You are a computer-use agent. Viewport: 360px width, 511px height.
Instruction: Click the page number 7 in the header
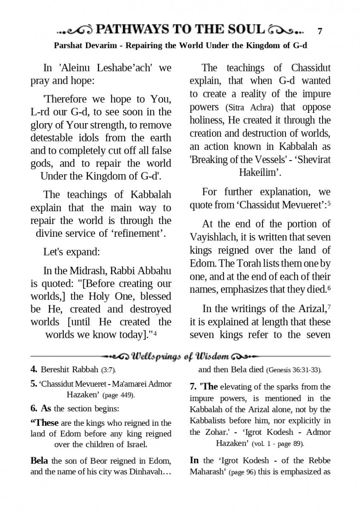pyautogui.click(x=320, y=31)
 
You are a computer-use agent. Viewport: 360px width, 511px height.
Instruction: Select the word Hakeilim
pyautogui.click(x=259, y=173)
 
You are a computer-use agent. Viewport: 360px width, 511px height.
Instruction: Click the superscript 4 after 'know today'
pyautogui.click(x=155, y=333)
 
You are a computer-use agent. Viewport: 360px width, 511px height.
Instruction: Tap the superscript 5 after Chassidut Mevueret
pyautogui.click(x=329, y=203)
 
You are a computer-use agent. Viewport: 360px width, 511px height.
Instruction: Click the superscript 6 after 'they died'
pyautogui.click(x=329, y=288)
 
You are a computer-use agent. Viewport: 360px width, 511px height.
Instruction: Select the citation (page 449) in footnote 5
pyautogui.click(x=119, y=395)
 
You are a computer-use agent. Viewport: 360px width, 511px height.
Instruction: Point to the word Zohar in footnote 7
pyautogui.click(x=211, y=432)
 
